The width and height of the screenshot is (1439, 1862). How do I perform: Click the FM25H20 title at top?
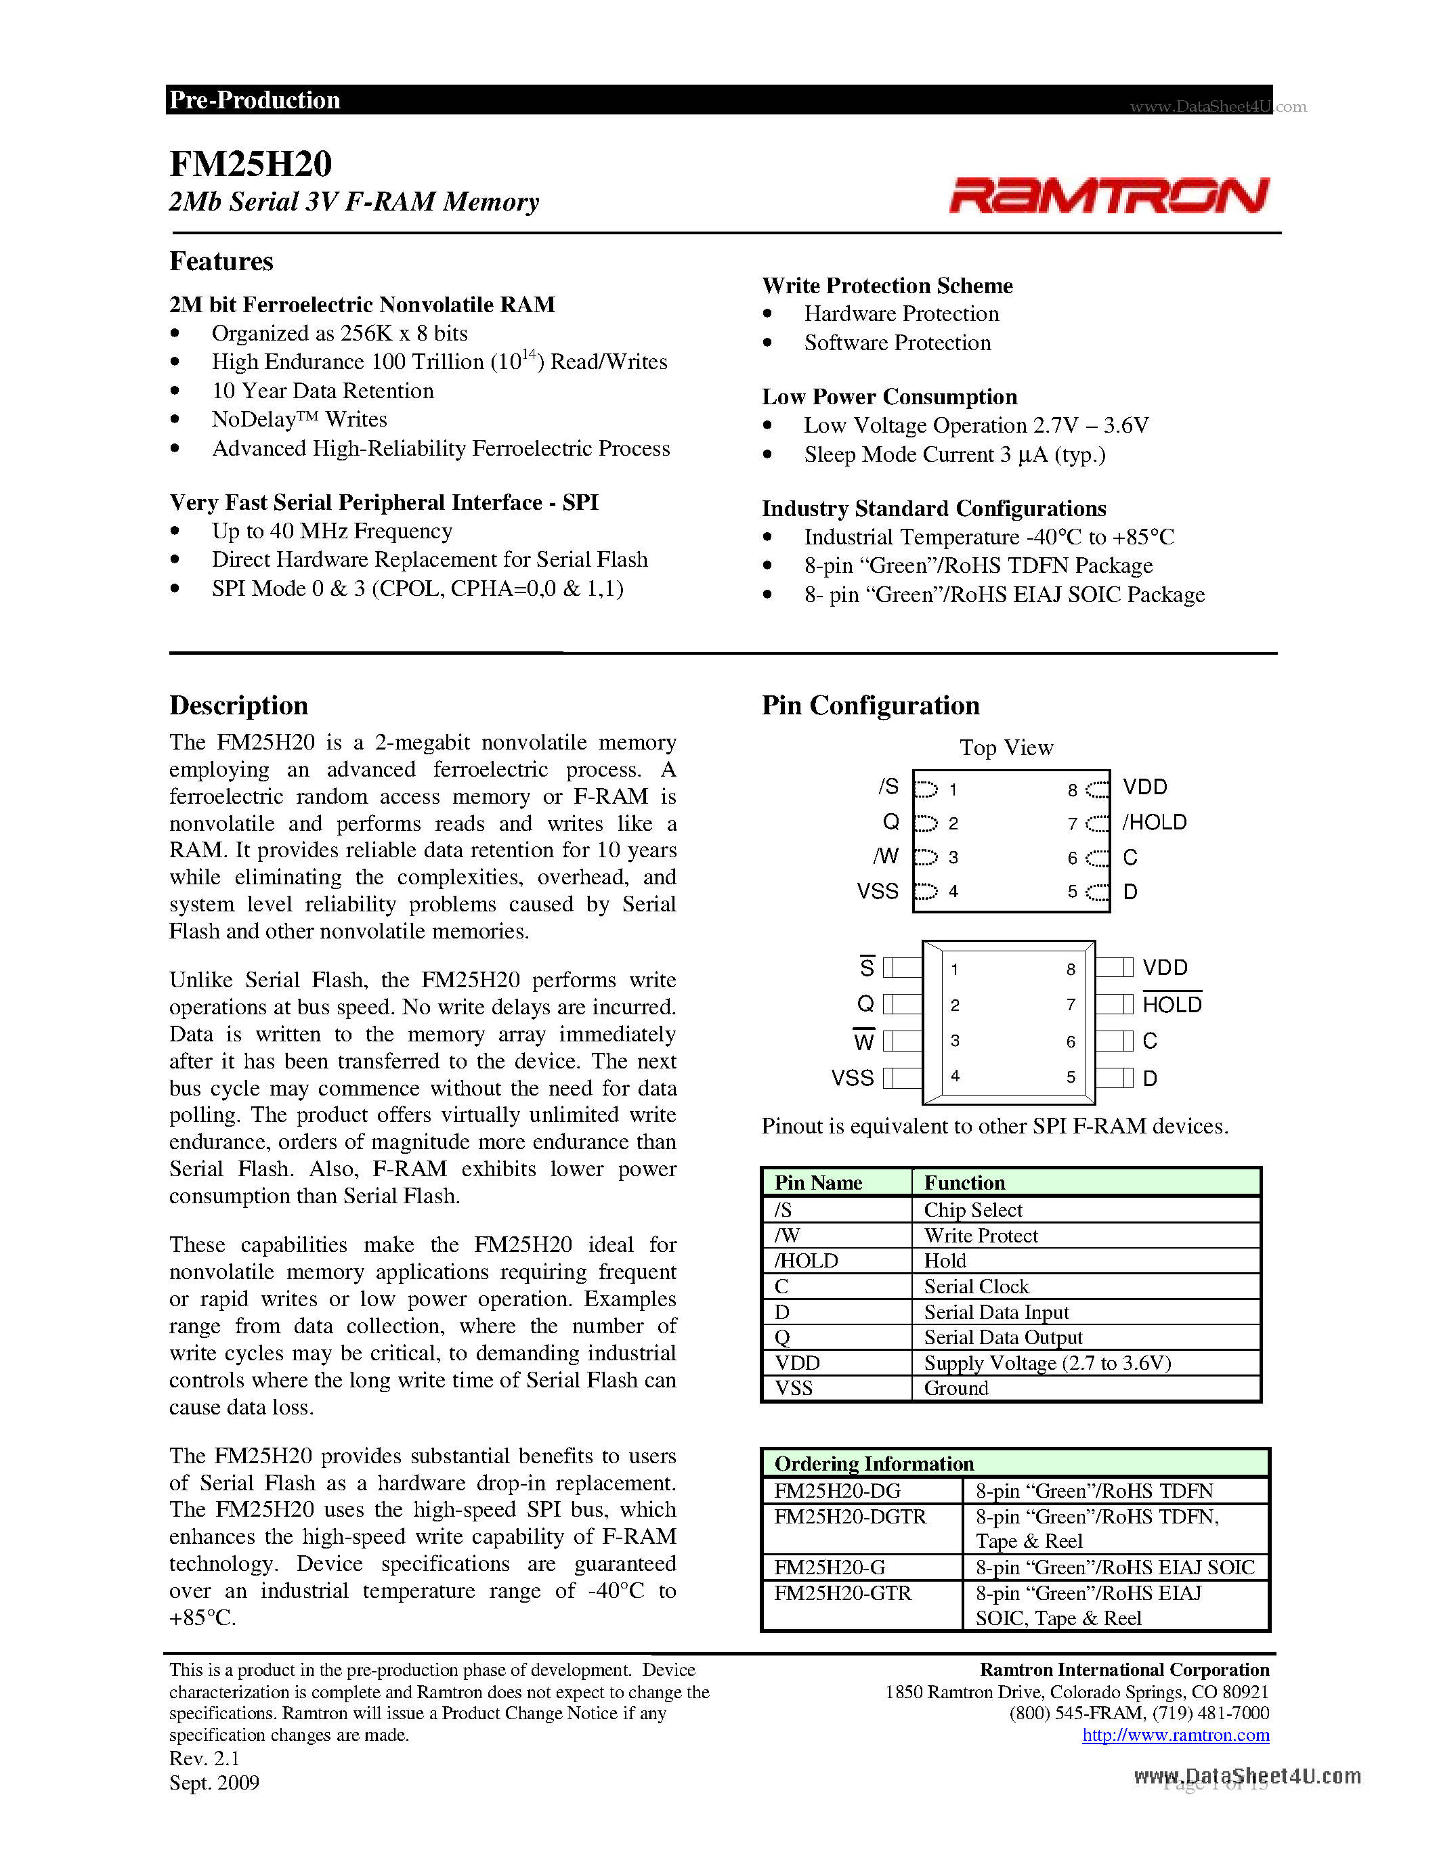click(x=251, y=164)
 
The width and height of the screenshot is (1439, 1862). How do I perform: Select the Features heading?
click(x=221, y=261)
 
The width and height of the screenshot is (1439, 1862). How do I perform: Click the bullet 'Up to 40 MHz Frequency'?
click(x=332, y=531)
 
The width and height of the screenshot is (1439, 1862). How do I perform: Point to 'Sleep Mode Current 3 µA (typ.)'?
click(x=954, y=454)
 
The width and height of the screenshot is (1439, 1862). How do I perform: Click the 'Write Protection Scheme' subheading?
click(x=886, y=286)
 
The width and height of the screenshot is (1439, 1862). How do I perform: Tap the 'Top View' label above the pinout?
click(x=1006, y=748)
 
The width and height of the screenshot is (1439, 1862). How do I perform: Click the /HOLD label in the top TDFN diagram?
click(x=1155, y=822)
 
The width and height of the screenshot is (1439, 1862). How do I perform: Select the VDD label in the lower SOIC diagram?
click(x=1165, y=968)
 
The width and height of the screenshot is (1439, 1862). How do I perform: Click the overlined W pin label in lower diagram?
click(x=863, y=1041)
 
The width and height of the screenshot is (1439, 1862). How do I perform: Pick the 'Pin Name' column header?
click(x=819, y=1182)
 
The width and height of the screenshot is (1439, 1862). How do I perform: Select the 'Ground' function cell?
click(x=955, y=1388)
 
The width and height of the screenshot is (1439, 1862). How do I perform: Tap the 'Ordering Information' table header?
click(x=874, y=1464)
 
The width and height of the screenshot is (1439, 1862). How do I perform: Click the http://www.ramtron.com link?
click(x=1176, y=1735)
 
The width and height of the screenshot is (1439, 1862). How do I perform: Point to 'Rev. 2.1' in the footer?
click(x=205, y=1758)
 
